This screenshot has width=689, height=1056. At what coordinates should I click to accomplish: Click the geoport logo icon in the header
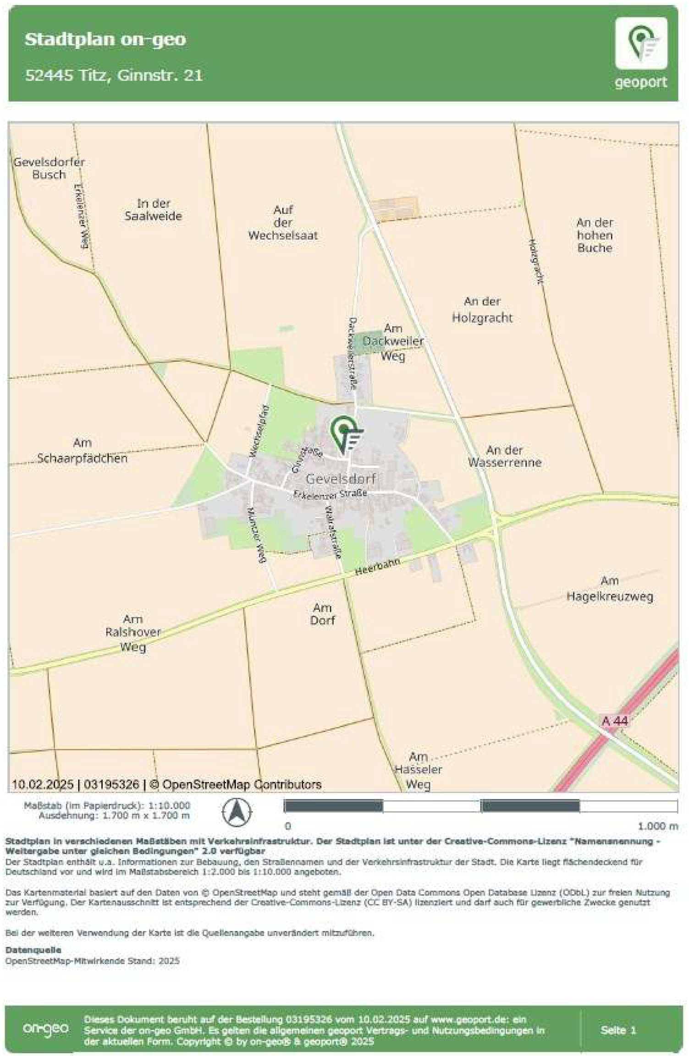click(x=640, y=43)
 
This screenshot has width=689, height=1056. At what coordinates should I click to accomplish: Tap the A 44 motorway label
click(x=614, y=721)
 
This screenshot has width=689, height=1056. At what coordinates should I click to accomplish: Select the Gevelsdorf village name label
click(x=341, y=479)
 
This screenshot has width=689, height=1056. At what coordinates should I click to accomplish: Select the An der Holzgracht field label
click(x=482, y=310)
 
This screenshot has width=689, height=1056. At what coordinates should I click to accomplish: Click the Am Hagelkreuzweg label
click(x=609, y=589)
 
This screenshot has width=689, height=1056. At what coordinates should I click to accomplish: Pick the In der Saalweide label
click(x=153, y=210)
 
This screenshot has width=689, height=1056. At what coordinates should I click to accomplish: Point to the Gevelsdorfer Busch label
click(x=49, y=168)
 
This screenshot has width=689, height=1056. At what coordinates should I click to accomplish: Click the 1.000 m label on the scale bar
click(x=657, y=826)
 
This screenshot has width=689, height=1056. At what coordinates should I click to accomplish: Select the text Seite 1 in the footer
click(x=618, y=1030)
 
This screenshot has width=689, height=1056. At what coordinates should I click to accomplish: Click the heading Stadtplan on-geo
click(x=105, y=39)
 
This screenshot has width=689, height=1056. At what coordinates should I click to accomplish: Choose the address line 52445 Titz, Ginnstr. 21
click(x=114, y=75)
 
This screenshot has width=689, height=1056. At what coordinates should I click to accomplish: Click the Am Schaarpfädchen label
click(x=82, y=451)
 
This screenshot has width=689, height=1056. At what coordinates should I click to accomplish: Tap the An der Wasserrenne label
click(x=504, y=456)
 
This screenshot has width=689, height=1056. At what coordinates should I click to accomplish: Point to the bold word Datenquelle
click(x=33, y=950)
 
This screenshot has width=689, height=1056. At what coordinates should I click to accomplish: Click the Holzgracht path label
click(x=536, y=262)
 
